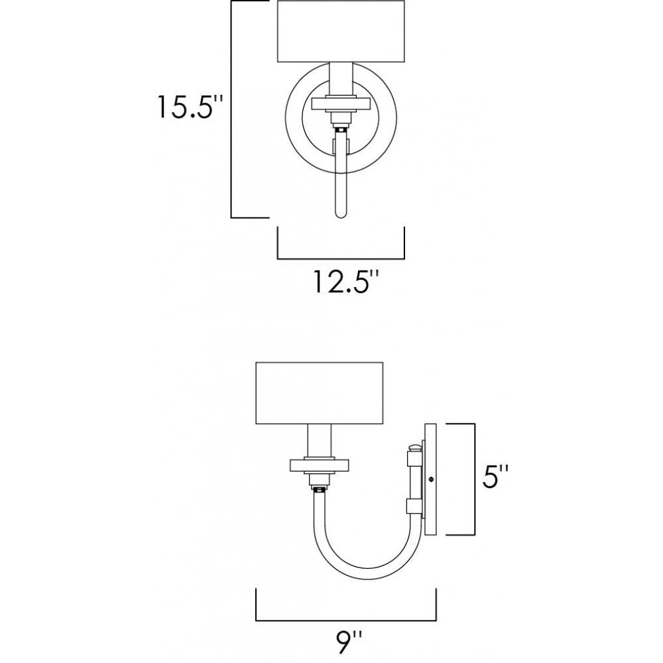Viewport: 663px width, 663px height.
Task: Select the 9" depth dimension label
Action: point(348,640)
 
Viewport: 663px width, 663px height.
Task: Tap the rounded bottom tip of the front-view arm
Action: point(341,214)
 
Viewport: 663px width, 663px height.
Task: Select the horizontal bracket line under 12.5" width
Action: point(341,258)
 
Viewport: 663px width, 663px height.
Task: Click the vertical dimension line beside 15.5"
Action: point(231,109)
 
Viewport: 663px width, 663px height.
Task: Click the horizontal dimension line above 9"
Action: point(345,620)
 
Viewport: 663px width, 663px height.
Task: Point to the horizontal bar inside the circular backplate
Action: point(341,103)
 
